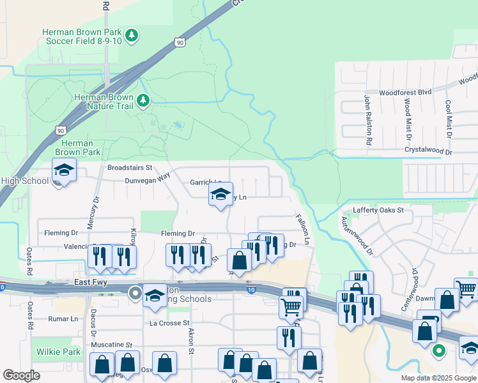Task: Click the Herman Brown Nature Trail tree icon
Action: coord(144,100)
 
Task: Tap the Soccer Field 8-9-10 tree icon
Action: coord(132,34)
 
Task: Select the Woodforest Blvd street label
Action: coord(405,92)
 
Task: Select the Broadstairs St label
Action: coord(130,167)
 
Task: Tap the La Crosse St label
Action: coord(170,323)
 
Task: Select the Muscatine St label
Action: coord(111,344)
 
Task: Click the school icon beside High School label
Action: coord(64,170)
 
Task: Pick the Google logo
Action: coord(21,375)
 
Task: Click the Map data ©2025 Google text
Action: coord(438,378)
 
